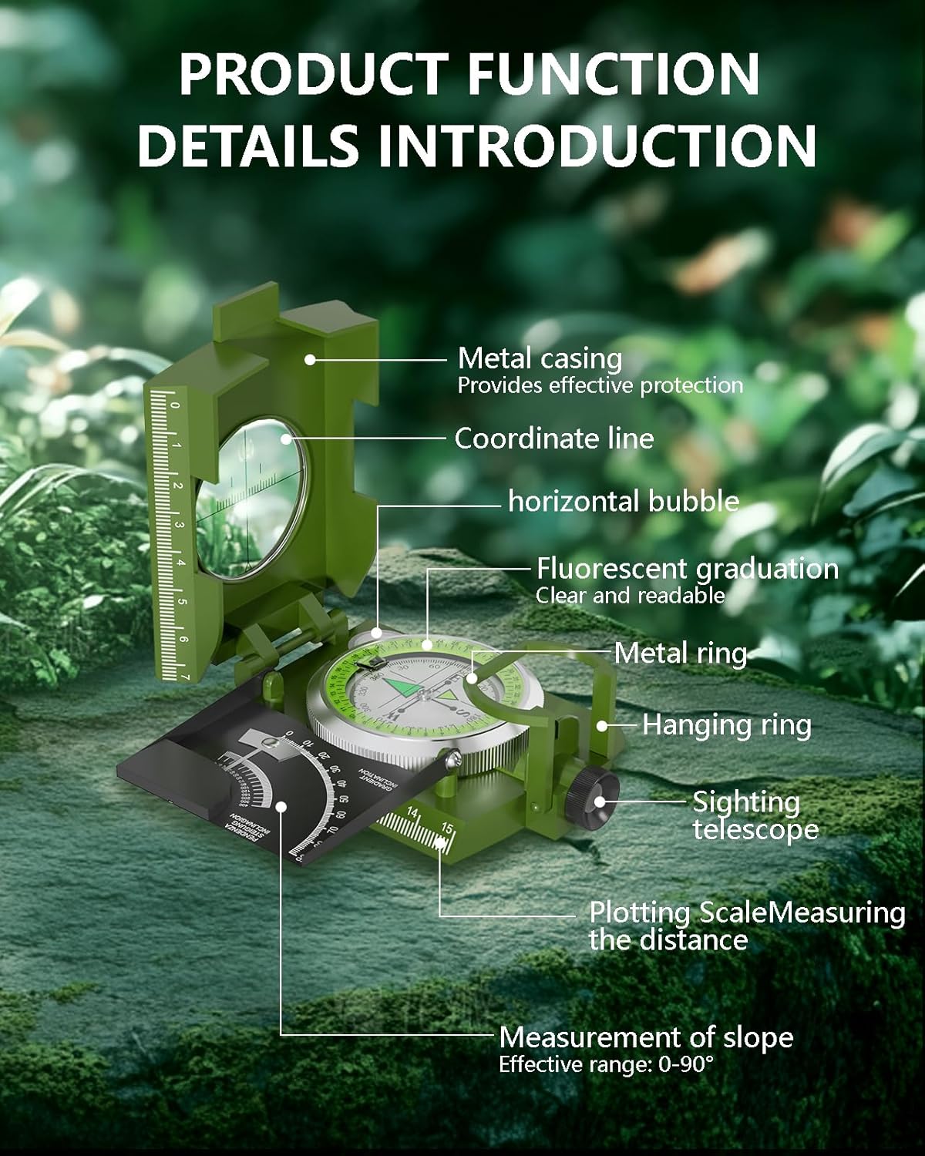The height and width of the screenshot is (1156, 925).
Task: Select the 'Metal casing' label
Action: point(540,358)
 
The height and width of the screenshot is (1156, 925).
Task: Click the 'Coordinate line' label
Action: point(553,439)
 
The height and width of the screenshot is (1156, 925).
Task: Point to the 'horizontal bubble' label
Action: point(623,501)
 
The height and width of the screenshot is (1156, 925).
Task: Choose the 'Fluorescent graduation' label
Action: point(687,569)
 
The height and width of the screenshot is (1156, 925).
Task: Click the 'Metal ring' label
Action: point(681,654)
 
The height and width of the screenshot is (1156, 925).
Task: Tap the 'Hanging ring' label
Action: point(726,725)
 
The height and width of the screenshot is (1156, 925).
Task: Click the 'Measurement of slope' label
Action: point(646,1037)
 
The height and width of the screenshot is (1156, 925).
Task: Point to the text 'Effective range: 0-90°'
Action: point(606,1065)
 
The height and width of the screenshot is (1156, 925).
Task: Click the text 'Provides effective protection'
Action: point(600,385)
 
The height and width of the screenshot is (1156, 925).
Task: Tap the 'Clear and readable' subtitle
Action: point(630,595)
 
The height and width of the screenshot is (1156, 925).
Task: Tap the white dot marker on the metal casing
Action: point(310,359)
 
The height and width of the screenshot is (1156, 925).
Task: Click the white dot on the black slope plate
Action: point(282,807)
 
